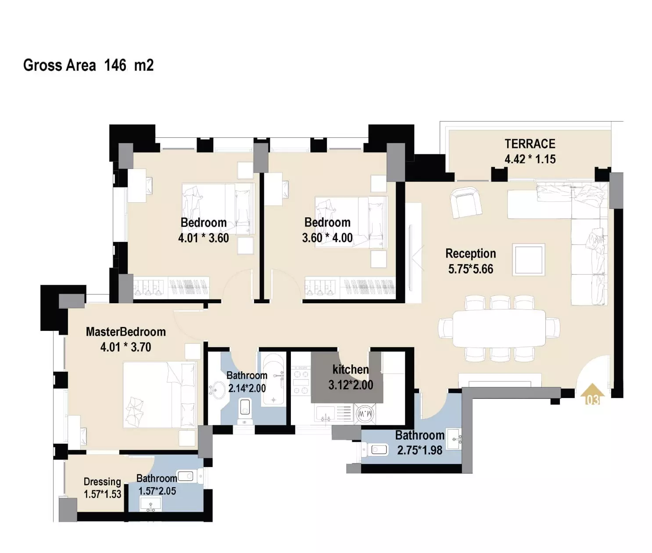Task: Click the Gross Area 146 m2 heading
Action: click(88, 65)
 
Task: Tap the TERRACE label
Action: click(530, 144)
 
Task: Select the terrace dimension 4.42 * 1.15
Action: click(530, 159)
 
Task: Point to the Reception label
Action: click(471, 253)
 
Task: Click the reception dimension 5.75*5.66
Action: click(471, 269)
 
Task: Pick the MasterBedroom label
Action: click(126, 331)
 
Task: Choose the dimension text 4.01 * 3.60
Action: click(204, 238)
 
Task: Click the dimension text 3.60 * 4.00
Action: click(327, 237)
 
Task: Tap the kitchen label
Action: click(351, 370)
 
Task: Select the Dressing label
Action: click(102, 482)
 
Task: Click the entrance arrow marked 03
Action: click(592, 394)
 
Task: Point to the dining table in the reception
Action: click(499, 328)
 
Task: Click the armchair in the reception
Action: click(466, 202)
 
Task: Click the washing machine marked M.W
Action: click(365, 413)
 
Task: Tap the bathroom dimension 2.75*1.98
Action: click(419, 450)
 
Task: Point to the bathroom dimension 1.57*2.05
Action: click(157, 491)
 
